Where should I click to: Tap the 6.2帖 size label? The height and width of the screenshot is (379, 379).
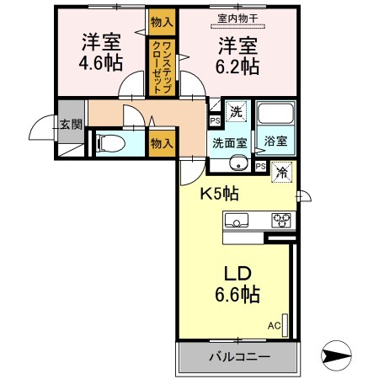[237, 63]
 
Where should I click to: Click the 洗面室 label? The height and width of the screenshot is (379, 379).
[227, 141]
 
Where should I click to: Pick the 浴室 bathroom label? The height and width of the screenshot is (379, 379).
[275, 141]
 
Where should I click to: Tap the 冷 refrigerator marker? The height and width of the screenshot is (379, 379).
[280, 170]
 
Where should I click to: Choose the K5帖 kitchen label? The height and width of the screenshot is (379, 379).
[219, 193]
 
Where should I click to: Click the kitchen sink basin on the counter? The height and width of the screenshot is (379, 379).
[238, 222]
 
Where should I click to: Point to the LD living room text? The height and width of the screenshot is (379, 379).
[237, 274]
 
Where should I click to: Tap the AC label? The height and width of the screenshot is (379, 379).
[275, 324]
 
